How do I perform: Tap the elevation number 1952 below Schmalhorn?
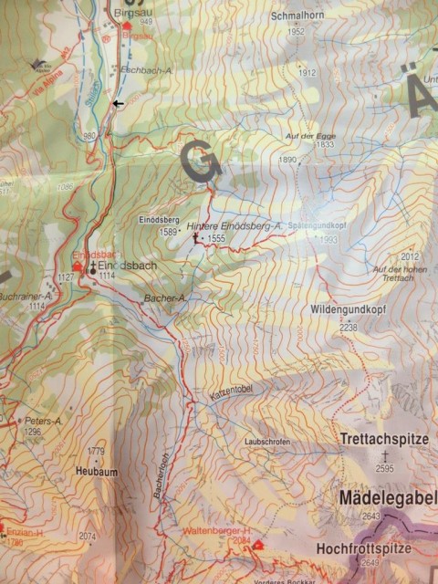pyautogui.click(x=296, y=31)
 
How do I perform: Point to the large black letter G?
pyautogui.click(x=201, y=161)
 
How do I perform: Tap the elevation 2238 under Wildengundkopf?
pyautogui.click(x=348, y=326)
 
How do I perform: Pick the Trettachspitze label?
pyautogui.click(x=384, y=439)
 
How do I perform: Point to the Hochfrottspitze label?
pyautogui.click(x=378, y=548)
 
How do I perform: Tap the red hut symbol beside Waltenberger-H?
pyautogui.click(x=256, y=545)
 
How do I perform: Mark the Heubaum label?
pyautogui.click(x=94, y=471)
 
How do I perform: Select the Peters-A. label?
pyautogui.click(x=43, y=421)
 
